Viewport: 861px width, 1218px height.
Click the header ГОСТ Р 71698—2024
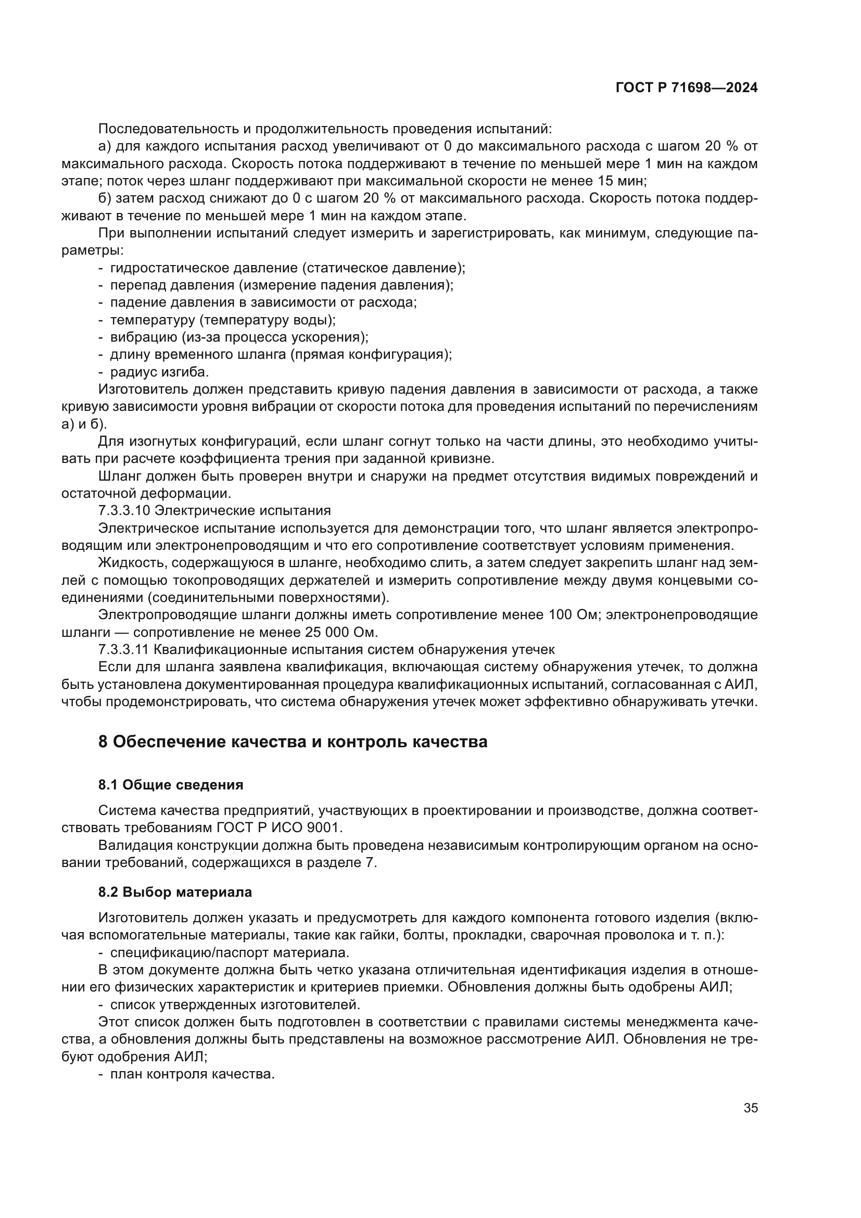click(687, 88)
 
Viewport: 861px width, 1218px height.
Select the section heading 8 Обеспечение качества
click(293, 742)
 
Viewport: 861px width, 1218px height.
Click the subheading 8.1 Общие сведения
click(171, 785)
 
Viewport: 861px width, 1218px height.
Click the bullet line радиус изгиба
click(159, 372)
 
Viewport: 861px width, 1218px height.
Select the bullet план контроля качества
click(192, 1075)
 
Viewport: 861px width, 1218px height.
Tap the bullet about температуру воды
click(223, 320)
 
